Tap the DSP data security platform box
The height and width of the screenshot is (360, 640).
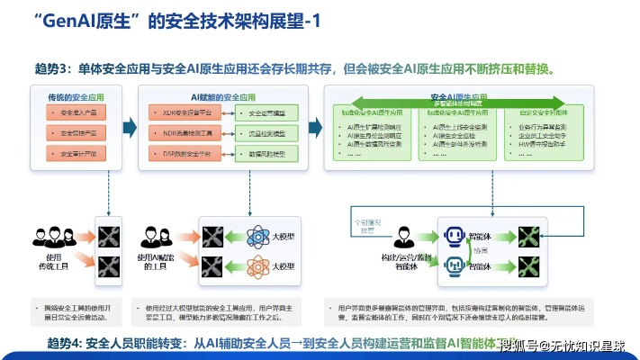180,154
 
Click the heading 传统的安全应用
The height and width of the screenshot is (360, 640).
77,94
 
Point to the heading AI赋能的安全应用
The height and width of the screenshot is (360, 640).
220,94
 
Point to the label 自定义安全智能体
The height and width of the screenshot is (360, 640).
549,114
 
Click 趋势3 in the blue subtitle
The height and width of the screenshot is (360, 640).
50,68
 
